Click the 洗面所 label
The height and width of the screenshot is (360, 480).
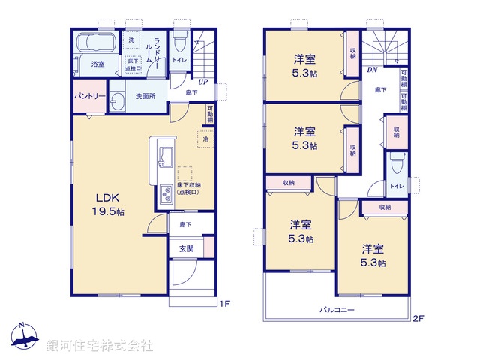pos(145,96)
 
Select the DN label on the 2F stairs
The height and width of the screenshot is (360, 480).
pos(372,70)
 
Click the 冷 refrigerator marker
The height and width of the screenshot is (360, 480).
pos(205,139)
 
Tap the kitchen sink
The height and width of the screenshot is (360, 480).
pos(165,159)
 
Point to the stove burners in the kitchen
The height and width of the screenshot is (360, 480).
pos(165,194)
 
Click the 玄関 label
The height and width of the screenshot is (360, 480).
pos(185,247)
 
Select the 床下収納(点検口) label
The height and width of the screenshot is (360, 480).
pos(188,188)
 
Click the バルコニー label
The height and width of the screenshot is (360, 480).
pos(337,309)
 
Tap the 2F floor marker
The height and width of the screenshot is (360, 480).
pos(417,318)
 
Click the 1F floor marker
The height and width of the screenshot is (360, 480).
pos(223,303)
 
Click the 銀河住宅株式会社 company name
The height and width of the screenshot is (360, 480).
pos(100,346)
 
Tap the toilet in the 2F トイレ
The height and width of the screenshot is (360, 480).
pos(397,163)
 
